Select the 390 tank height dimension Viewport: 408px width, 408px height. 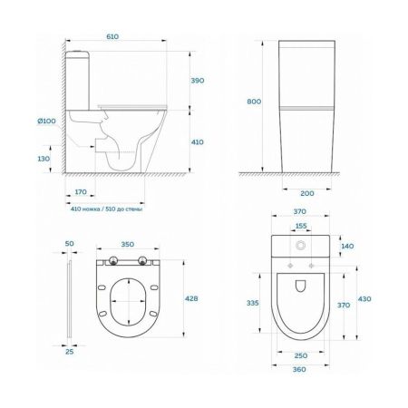(x=199, y=81)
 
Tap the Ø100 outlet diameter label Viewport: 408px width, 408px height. (x=48, y=121)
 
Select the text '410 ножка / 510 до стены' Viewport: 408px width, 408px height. (x=106, y=208)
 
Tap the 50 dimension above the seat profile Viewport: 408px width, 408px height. (x=70, y=244)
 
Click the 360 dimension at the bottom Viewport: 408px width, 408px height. (x=299, y=372)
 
